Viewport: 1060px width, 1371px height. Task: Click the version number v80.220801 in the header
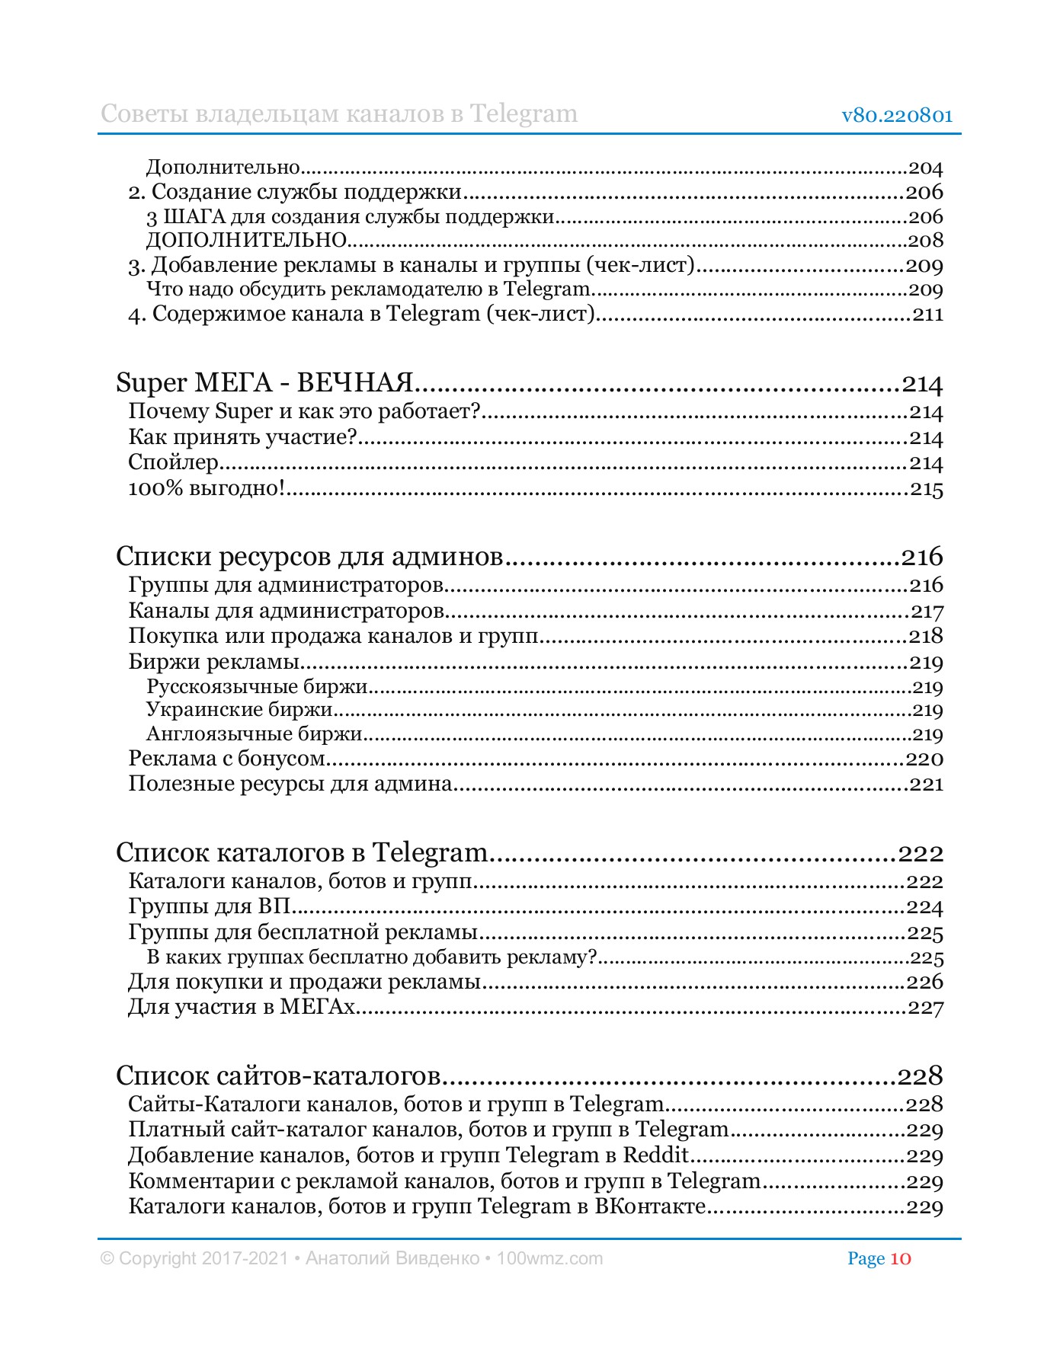[x=897, y=116]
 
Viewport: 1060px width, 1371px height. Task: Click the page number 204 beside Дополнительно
[x=926, y=168]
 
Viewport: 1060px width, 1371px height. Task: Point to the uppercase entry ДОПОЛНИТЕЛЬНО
[x=247, y=241]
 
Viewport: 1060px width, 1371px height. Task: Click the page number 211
[x=928, y=315]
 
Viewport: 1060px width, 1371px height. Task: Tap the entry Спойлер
[x=174, y=463]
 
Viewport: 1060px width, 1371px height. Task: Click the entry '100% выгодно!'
[x=207, y=488]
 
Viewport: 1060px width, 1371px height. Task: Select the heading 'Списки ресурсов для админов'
[x=309, y=557]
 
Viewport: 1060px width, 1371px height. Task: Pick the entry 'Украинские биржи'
[x=240, y=710]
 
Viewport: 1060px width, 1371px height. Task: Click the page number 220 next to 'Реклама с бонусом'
[x=924, y=759]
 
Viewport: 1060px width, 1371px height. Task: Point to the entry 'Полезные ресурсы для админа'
[x=290, y=784]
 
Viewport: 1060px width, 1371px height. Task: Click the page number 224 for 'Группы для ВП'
[x=924, y=907]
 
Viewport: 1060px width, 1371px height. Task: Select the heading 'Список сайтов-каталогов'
[x=279, y=1075]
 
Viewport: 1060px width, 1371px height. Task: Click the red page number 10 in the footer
[x=900, y=1258]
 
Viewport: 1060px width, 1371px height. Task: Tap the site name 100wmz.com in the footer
[x=549, y=1258]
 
